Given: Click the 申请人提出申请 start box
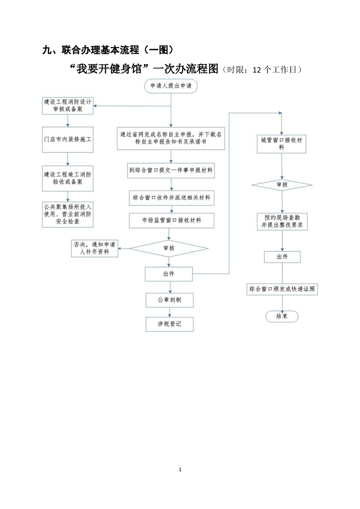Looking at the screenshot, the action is [x=171, y=86].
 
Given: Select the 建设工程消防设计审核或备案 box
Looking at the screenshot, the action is [x=68, y=106].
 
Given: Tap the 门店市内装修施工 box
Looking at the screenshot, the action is [x=68, y=140].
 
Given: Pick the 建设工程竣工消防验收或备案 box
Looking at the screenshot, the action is [x=68, y=178].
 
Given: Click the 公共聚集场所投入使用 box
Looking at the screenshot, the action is [x=68, y=214].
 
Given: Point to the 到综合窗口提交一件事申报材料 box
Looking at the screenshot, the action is [x=171, y=171].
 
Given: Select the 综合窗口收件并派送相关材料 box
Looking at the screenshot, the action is [x=172, y=198].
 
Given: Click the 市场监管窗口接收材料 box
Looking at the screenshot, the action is [x=172, y=220].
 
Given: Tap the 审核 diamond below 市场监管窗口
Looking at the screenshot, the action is [x=169, y=249].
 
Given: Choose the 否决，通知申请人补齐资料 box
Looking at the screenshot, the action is [x=94, y=249].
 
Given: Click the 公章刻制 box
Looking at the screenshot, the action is [x=170, y=300].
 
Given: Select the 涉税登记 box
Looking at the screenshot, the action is [x=170, y=324].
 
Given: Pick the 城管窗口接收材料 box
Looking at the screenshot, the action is [x=281, y=144].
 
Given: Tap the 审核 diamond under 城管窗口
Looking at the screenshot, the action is [x=282, y=185].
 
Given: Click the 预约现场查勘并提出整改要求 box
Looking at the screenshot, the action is [x=282, y=222].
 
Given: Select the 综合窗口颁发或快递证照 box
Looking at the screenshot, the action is [x=282, y=289].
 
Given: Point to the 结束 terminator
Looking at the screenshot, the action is [x=282, y=316].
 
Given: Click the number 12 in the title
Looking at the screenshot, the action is [x=256, y=70].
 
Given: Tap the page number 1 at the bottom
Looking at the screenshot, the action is [x=180, y=470].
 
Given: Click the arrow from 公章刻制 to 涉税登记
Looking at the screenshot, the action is [x=170, y=312].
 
